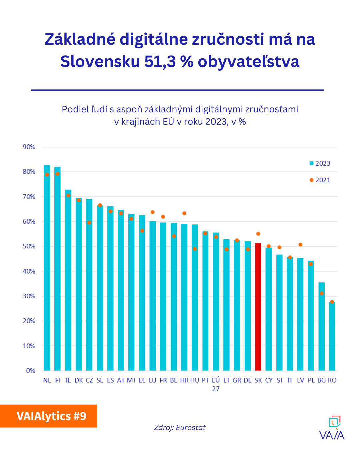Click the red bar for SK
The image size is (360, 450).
click(x=258, y=307)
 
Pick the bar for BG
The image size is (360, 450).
click(x=321, y=326)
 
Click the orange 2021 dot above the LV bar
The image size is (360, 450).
click(x=300, y=245)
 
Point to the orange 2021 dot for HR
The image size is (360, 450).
click(x=184, y=213)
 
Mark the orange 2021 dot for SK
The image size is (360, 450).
click(x=258, y=234)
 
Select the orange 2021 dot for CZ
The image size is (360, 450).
click(x=89, y=222)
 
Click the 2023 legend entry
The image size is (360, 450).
click(x=320, y=163)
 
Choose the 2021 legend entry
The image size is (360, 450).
click(x=320, y=180)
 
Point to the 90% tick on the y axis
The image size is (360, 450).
click(x=29, y=147)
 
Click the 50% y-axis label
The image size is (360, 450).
click(x=29, y=246)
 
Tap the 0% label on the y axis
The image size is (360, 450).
click(x=31, y=371)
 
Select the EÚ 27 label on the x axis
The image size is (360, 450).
click(x=216, y=384)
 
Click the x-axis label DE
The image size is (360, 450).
click(x=248, y=380)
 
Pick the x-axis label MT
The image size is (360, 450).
click(x=131, y=380)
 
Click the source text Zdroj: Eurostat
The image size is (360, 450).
click(x=180, y=427)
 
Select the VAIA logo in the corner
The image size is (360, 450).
click(x=332, y=428)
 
